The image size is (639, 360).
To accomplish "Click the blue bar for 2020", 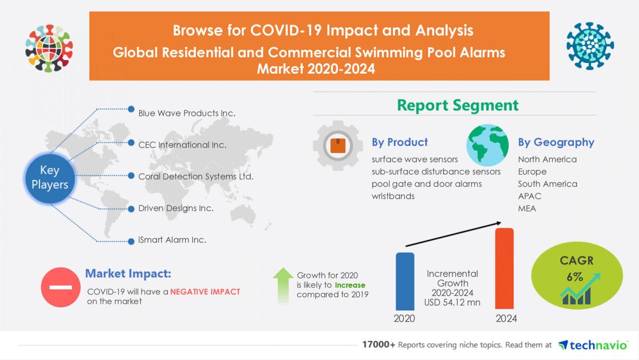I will point(405,281).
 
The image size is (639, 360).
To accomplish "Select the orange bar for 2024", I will point(504,269).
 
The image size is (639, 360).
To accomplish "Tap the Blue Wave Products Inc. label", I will point(186,113).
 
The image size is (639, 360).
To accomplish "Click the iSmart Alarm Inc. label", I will point(172,240).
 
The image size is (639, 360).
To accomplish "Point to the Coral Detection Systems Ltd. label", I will point(195,177).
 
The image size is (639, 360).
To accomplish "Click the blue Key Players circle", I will point(50,177).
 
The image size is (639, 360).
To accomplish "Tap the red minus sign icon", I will point(61,287).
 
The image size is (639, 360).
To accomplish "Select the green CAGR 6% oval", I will point(576,277).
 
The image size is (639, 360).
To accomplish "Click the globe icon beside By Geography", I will point(487,145).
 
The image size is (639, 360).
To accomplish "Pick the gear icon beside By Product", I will point(337,145).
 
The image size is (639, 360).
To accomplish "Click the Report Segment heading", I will point(457,105).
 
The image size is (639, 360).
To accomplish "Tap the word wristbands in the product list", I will point(393,196).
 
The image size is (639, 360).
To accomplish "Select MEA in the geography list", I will point(527,208).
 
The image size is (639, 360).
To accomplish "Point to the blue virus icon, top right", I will point(590,46).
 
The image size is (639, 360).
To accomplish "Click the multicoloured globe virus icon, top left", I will point(49,48).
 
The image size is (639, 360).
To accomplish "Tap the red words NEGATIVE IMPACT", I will point(205,291).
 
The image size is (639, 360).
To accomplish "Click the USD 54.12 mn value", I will point(452,302).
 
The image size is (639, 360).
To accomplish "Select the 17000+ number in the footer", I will point(378,345).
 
